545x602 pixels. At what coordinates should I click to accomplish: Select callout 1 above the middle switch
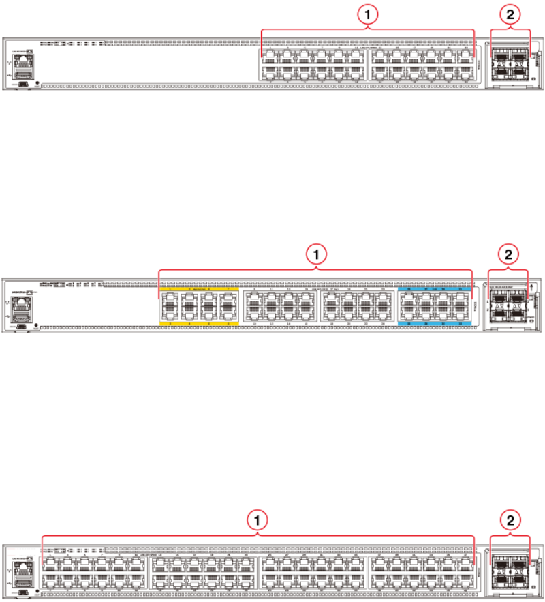click(315, 254)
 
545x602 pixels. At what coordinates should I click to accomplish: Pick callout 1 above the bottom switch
click(258, 520)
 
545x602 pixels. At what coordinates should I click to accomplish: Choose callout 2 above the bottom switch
click(510, 520)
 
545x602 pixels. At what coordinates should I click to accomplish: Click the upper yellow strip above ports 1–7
click(198, 290)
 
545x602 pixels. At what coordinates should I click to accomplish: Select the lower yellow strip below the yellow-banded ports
click(198, 323)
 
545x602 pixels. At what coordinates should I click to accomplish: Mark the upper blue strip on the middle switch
click(434, 290)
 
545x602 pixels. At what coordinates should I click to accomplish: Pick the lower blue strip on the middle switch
click(434, 323)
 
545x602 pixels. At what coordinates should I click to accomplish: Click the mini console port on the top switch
click(23, 83)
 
